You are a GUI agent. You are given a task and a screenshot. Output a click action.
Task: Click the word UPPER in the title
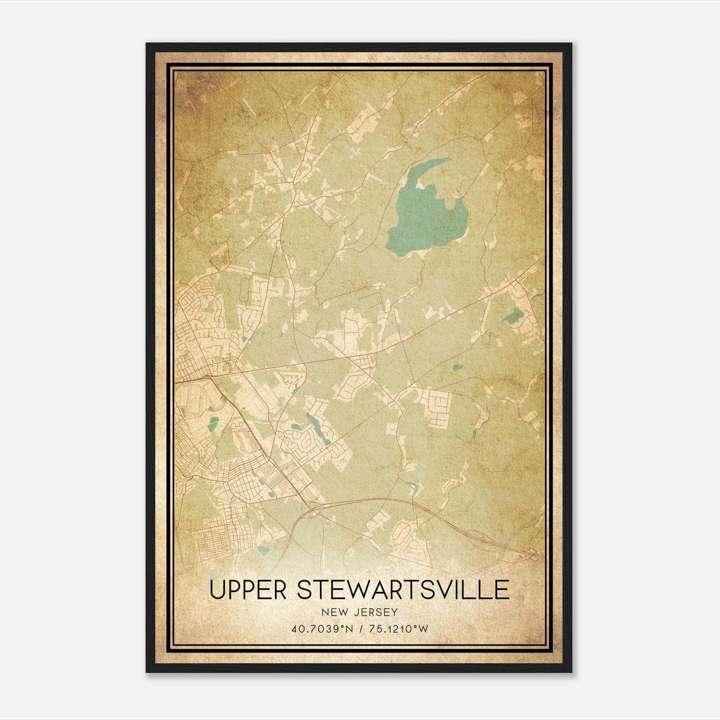tap(247, 590)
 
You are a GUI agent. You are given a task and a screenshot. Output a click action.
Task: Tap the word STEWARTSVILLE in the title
tap(403, 590)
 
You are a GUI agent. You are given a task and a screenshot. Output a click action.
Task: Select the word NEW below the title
tap(333, 612)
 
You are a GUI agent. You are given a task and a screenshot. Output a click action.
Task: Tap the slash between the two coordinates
tap(360, 629)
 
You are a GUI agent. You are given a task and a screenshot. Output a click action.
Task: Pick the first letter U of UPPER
tap(217, 590)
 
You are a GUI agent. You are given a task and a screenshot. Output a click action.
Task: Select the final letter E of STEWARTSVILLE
tap(503, 590)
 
